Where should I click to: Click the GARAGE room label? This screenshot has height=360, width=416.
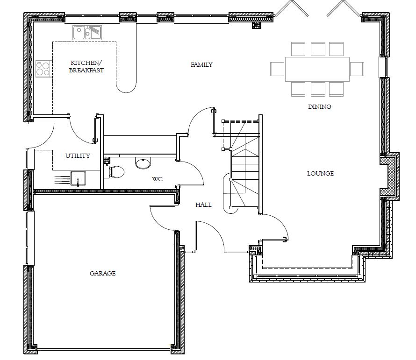(103, 273)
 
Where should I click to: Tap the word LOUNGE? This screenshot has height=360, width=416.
(321, 174)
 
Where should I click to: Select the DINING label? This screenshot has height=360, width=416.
(319, 106)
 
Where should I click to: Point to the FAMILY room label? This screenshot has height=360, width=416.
(201, 65)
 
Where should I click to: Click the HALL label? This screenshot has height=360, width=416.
(203, 205)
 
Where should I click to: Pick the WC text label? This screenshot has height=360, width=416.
(158, 179)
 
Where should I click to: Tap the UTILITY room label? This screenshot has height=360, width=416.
(78, 155)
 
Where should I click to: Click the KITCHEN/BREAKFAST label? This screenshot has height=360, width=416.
(86, 67)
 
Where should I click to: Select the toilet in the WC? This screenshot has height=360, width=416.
(115, 171)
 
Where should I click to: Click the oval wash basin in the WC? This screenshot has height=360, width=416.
(143, 163)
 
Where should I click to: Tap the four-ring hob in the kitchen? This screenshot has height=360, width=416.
(43, 69)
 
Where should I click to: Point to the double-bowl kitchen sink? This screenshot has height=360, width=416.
(87, 33)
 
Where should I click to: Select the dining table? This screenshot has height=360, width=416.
(317, 69)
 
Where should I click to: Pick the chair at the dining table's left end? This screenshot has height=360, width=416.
(278, 69)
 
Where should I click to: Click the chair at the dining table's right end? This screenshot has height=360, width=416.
(357, 69)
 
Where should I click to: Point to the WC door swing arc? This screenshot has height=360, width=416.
(195, 171)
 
